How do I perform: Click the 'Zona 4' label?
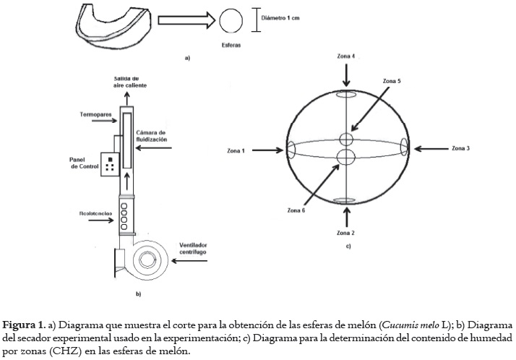346,56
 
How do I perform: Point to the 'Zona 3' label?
460,148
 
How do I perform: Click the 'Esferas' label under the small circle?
231,44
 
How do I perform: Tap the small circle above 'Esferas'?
231,20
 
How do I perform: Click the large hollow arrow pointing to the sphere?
184,21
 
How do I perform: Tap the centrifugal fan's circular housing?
147,259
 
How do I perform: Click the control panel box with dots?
109,163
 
